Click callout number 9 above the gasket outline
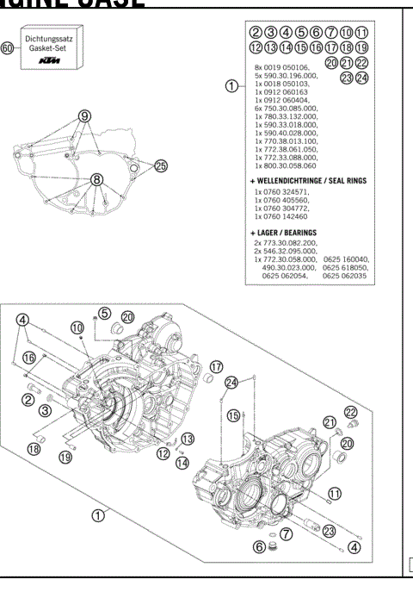(84, 115)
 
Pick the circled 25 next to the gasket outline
(161, 165)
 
